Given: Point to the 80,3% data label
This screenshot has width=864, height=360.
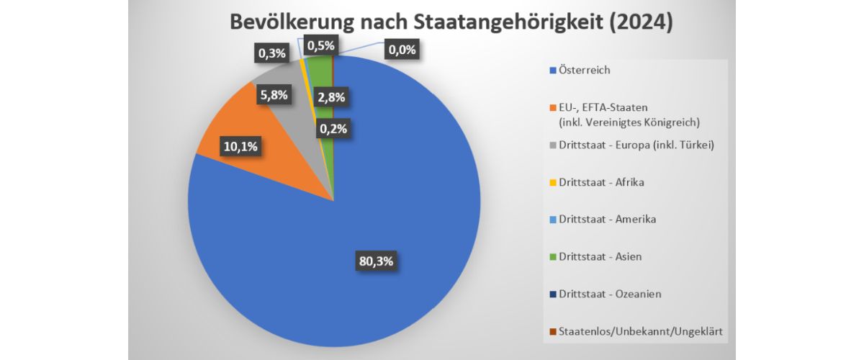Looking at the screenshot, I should click(x=376, y=261).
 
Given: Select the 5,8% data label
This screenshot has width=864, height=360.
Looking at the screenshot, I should click(x=274, y=94).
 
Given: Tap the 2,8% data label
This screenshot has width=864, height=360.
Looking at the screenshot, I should click(x=330, y=97).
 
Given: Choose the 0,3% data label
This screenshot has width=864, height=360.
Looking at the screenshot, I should click(x=272, y=53).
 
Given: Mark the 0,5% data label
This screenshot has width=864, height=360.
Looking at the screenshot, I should click(x=320, y=46).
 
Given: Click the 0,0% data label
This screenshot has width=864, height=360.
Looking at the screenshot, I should click(x=401, y=50).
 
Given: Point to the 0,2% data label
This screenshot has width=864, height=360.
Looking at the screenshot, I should click(x=332, y=130).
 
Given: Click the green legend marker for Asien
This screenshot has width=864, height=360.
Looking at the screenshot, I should click(x=553, y=257).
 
